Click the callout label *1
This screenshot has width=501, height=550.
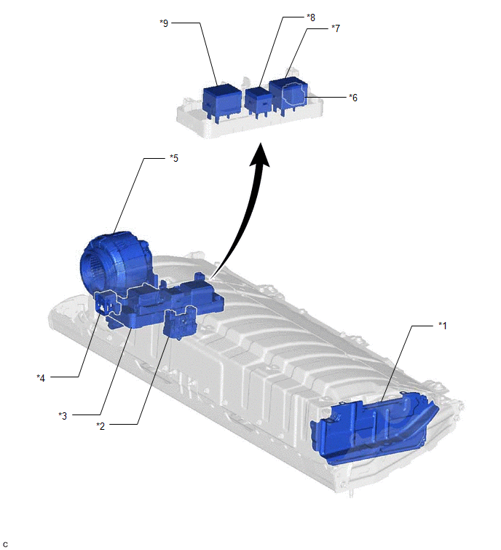coord(443,326)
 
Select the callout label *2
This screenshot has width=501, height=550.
coord(100,426)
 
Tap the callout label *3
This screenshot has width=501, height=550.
coord(63,416)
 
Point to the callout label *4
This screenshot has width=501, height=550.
coord(41,378)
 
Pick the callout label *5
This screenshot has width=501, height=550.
coord(174,158)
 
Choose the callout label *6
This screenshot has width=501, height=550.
coord(353,98)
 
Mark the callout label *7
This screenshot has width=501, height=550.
coord(336,28)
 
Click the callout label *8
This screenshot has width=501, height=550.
coord(311,17)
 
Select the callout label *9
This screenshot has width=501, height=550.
coord(164,23)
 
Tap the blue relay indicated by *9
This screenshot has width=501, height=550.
coord(221,102)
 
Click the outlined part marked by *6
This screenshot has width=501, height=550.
coord(294,94)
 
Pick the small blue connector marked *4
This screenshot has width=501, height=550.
coord(105,303)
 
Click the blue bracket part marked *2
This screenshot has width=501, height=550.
coord(181,323)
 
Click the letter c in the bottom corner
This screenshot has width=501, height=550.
coord(5,544)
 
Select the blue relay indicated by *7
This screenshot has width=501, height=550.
coord(288,94)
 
